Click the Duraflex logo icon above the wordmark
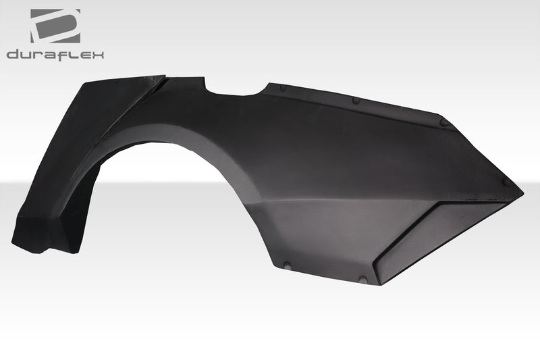point(55,26)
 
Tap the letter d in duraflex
point(13,54)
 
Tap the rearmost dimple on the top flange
point(444,122)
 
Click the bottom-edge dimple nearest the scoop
point(365,278)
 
